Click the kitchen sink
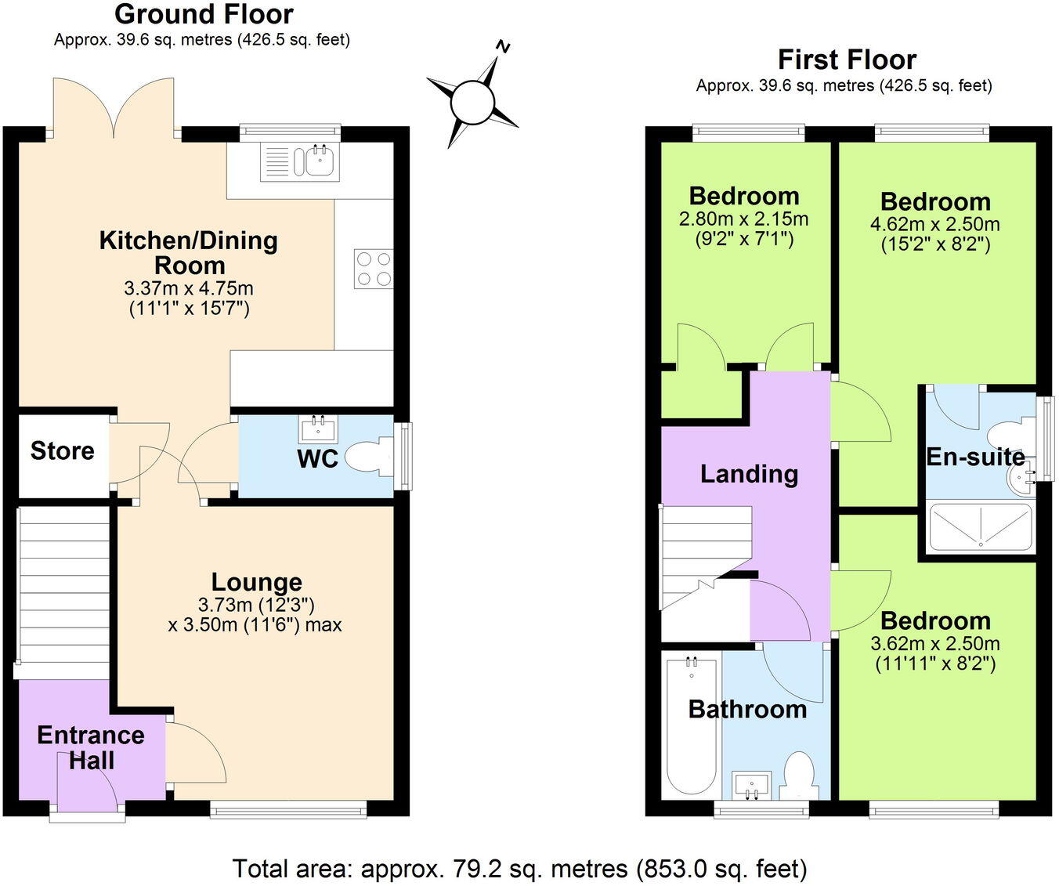pos(320,161)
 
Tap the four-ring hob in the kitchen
pos(374,269)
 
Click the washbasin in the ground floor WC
pos(318,429)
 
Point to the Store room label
pos(63,450)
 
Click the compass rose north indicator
pos(503,48)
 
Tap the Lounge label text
pos(256,582)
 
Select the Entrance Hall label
pos(91,747)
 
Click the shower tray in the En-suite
pos(980,527)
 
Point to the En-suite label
pos(975,457)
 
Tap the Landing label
pos(749,474)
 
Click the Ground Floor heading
pos(204,14)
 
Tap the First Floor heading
pos(847,60)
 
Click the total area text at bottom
pos(519,869)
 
